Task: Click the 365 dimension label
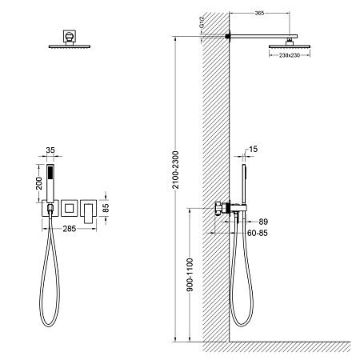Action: (259, 13)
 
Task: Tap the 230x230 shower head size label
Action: (290, 55)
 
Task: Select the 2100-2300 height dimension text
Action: (175, 170)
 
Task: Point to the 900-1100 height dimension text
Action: (190, 274)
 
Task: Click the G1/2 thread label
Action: (202, 22)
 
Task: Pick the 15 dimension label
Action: (254, 149)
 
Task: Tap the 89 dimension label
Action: (263, 222)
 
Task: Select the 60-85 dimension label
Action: (258, 233)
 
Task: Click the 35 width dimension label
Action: (50, 150)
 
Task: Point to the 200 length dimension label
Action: (39, 183)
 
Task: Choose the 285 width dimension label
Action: (70, 229)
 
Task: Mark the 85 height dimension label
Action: (106, 208)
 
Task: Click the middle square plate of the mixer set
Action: (70, 208)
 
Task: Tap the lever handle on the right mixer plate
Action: (89, 214)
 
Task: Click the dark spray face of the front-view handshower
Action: (50, 173)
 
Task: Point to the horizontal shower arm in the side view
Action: (263, 36)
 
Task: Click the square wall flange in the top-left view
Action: (70, 36)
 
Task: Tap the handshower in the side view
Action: (244, 184)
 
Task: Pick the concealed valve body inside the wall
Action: (218, 209)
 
